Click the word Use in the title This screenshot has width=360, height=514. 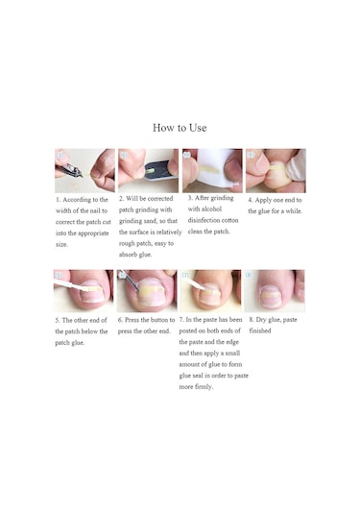click(198, 128)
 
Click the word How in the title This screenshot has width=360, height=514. click(164, 128)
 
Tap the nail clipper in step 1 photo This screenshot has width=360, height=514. click(69, 170)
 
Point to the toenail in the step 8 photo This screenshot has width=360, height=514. click(271, 296)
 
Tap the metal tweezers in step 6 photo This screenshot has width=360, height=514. click(130, 280)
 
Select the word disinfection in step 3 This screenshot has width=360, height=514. click(203, 220)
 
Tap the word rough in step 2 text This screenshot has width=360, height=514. click(127, 244)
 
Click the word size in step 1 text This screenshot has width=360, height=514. click(61, 245)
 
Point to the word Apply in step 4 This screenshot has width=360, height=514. click(263, 200)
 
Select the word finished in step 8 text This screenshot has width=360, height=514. click(260, 330)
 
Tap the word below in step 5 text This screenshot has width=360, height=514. click(90, 331)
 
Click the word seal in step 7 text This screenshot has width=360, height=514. click(198, 376)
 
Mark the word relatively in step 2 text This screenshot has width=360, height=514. click(169, 233)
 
